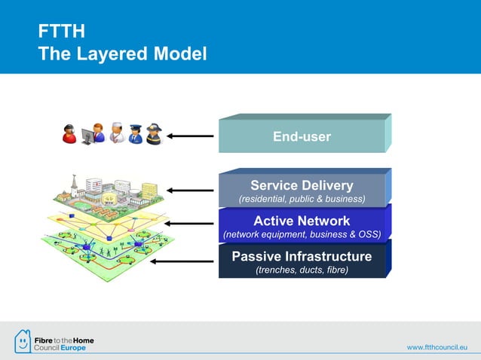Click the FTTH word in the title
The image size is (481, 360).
click(61, 31)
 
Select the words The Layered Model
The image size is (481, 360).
click(122, 54)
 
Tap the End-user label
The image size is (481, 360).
click(302, 137)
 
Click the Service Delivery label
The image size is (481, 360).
click(302, 185)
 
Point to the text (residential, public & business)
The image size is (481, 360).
click(302, 200)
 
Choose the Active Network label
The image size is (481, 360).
click(302, 221)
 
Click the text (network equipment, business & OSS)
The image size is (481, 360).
click(302, 235)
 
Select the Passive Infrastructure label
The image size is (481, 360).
click(302, 256)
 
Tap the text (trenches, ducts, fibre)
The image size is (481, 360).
click(302, 270)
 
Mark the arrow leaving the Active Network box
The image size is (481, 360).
click(192, 224)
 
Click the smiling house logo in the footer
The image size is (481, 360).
click(23, 341)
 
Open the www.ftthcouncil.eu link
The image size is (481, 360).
click(438, 346)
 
